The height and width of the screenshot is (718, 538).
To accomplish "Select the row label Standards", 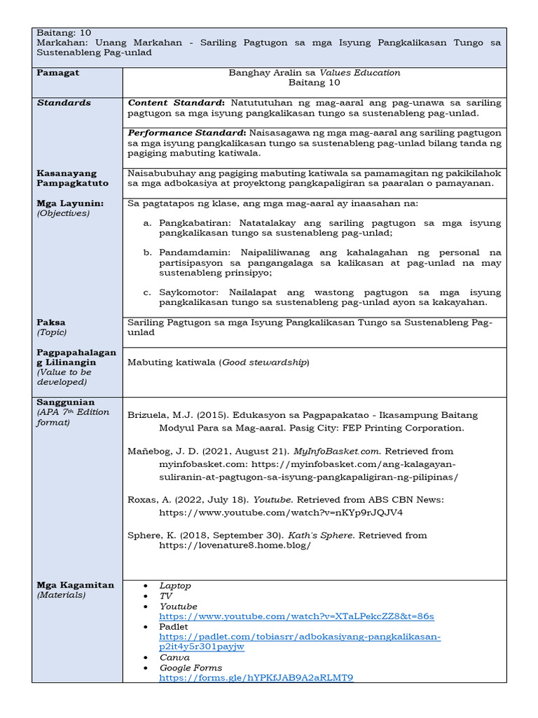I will (x=64, y=102).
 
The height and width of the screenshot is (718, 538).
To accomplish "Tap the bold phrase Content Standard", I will (x=175, y=102).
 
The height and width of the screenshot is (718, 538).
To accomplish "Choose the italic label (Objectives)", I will (x=63, y=213).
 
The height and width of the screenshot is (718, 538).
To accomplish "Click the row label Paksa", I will (x=51, y=323).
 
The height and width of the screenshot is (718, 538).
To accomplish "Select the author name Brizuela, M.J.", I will (x=159, y=415).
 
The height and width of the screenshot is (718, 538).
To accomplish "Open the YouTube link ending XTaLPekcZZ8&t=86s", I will (x=296, y=616).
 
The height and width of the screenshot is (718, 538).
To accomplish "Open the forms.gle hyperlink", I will (x=256, y=678).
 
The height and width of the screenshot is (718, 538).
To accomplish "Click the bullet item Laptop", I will (x=175, y=585).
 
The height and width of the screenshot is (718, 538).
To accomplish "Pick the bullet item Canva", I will (x=174, y=658).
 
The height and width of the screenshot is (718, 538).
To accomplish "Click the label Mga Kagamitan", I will (x=76, y=585).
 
